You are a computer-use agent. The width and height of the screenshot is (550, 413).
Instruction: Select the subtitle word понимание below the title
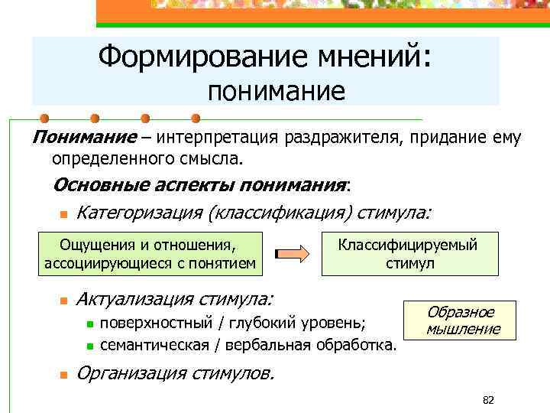click(277, 93)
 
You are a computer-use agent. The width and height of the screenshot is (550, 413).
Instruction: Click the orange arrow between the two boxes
click(291, 255)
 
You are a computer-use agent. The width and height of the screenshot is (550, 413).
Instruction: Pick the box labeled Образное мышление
click(463, 320)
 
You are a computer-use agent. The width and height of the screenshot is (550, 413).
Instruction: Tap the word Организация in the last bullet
click(131, 373)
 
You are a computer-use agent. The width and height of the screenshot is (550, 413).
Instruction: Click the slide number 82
click(488, 400)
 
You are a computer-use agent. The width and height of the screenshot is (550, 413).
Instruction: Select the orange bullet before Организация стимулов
click(65, 376)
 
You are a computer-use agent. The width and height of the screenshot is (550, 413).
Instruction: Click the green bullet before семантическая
click(89, 346)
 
